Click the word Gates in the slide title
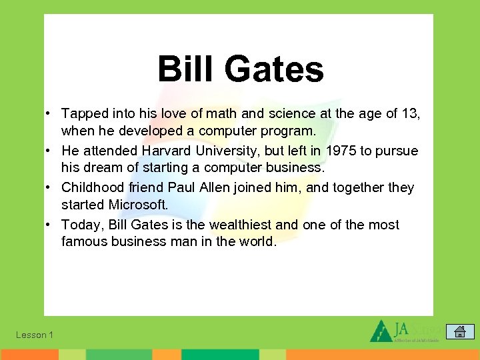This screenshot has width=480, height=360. point(274,69)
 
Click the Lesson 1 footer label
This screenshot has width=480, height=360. point(35,335)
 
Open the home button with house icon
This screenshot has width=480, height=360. point(459,331)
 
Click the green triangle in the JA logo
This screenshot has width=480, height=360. point(381,331)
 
